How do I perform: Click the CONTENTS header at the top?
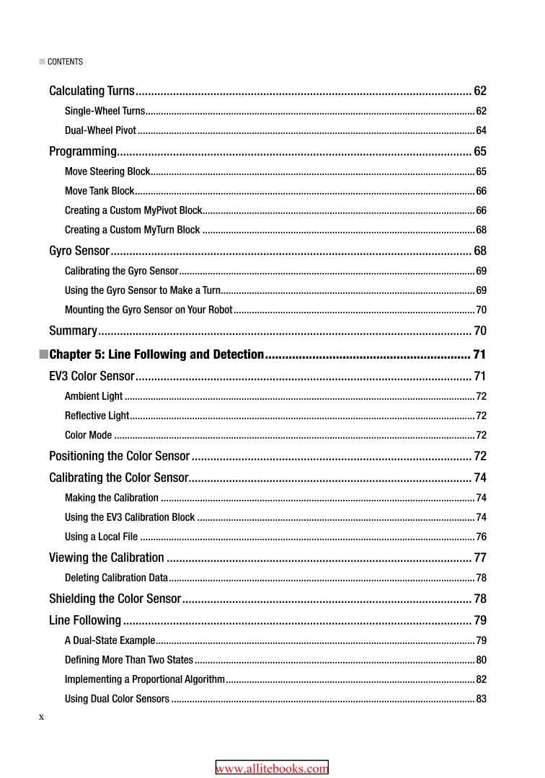[65, 62]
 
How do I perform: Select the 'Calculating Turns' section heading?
[92, 91]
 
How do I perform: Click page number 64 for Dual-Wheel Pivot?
[481, 130]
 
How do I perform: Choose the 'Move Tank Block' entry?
[99, 191]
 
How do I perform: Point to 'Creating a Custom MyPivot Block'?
[133, 210]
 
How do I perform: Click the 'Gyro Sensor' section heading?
[79, 251]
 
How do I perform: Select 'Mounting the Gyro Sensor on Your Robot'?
[149, 310]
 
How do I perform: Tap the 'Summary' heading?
[73, 331]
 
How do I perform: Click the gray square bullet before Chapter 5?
[43, 354]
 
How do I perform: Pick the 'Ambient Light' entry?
[94, 396]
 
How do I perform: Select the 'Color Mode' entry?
[89, 435]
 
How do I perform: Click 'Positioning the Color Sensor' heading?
[119, 456]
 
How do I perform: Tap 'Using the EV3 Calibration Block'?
[130, 517]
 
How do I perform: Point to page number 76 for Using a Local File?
[481, 537]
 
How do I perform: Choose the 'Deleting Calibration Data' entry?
[116, 578]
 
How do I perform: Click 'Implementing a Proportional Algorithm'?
[145, 679]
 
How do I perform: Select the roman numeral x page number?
[42, 717]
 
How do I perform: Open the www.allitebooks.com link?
[272, 769]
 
